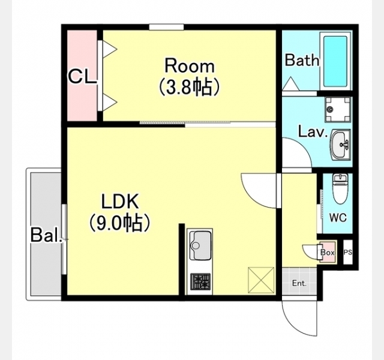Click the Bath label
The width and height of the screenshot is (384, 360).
point(302,60)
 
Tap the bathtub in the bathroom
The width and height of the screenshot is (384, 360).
point(335,61)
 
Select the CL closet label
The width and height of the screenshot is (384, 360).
point(82,77)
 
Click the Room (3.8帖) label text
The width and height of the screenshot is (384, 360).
point(190,76)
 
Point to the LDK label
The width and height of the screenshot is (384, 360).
point(120,201)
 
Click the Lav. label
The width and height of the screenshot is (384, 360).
point(313,132)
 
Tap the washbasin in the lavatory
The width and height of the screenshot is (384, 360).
point(340,145)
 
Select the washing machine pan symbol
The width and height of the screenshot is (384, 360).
point(338,109)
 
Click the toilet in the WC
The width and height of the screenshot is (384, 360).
point(340,188)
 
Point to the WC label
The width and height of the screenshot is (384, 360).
point(338,217)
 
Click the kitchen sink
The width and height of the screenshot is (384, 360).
point(200,245)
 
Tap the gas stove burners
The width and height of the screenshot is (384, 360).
point(200,281)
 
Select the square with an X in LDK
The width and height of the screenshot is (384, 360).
point(261,280)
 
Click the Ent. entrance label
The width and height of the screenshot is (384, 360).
point(299,284)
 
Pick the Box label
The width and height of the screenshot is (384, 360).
point(327,252)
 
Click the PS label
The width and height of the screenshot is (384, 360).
point(348,252)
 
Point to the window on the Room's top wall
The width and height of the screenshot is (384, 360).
point(167,26)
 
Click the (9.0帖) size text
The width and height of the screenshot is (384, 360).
point(119,223)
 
